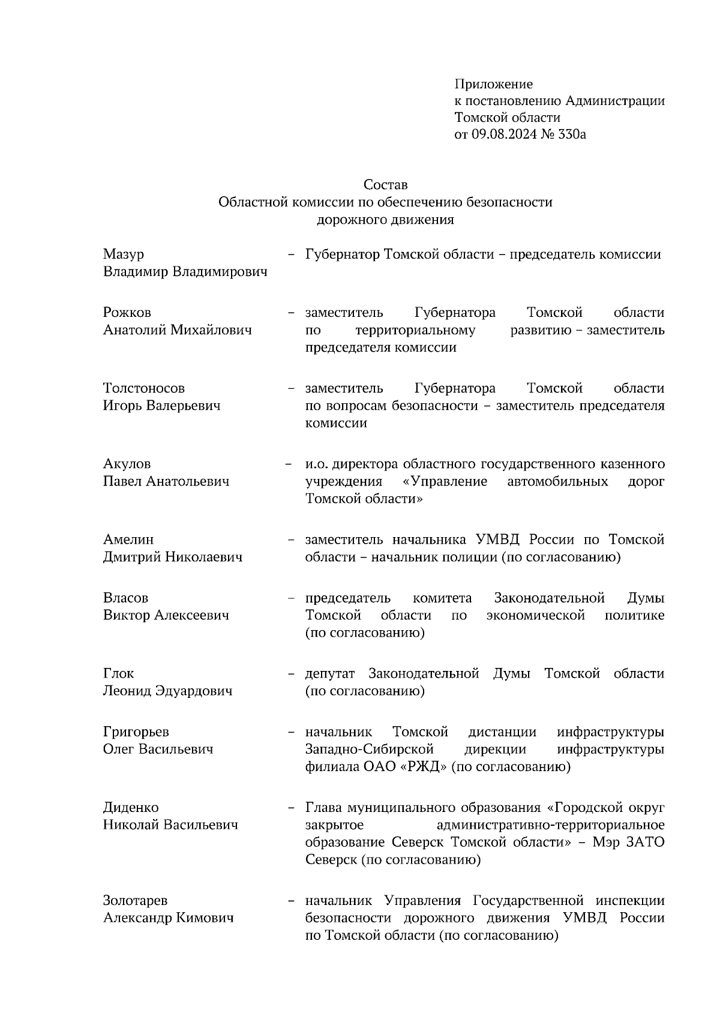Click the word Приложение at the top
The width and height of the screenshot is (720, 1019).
pyautogui.click(x=493, y=84)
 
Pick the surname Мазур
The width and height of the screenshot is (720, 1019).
pyautogui.click(x=124, y=254)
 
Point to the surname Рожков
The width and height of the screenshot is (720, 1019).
pyautogui.click(x=127, y=313)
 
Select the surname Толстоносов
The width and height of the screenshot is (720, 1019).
pyautogui.click(x=144, y=388)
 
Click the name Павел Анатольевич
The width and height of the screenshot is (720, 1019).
pyautogui.click(x=166, y=481)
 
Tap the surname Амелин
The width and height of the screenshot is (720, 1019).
pyautogui.click(x=128, y=540)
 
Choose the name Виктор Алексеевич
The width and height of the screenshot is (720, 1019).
pyautogui.click(x=166, y=615)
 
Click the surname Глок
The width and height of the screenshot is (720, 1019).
pyautogui.click(x=119, y=673)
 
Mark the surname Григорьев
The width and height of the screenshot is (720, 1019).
pyautogui.click(x=136, y=732)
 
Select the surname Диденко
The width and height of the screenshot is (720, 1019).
pyautogui.click(x=131, y=808)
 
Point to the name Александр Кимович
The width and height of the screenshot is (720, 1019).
pyautogui.click(x=168, y=918)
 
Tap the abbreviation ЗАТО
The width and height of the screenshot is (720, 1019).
pyautogui.click(x=645, y=842)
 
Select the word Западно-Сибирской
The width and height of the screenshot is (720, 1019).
pyautogui.click(x=369, y=750)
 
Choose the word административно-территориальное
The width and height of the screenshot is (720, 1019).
pyautogui.click(x=551, y=825)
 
